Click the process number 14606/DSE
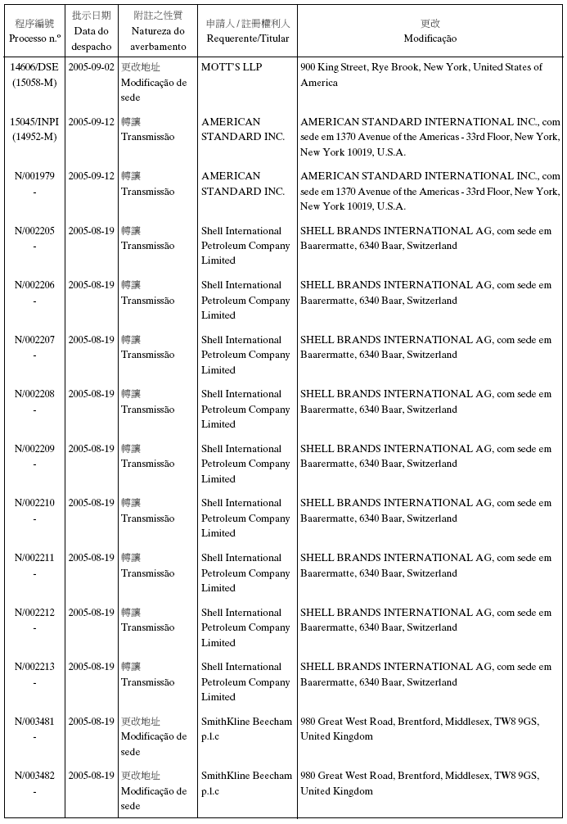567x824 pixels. coord(34,67)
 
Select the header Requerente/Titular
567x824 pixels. coord(247,38)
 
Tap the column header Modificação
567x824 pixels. coord(430,38)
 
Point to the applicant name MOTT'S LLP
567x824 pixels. coord(232,67)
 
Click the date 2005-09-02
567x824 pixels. coord(91,67)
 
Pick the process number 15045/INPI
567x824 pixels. coord(34,122)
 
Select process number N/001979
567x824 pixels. coord(34,176)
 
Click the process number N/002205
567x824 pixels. coord(34,231)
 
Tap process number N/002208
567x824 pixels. coord(34,394)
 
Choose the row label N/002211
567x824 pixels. coord(34,558)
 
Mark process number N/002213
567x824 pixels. coord(34,667)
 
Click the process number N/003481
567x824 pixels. coord(34,722)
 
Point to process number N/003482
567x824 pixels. coord(34,776)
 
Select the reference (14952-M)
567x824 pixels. coord(34,137)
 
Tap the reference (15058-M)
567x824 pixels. coord(34,82)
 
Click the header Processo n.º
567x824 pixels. coord(34,38)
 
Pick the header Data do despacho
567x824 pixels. coord(91,38)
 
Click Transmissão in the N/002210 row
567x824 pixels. coord(147,518)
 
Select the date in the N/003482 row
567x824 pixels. coord(91,776)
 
